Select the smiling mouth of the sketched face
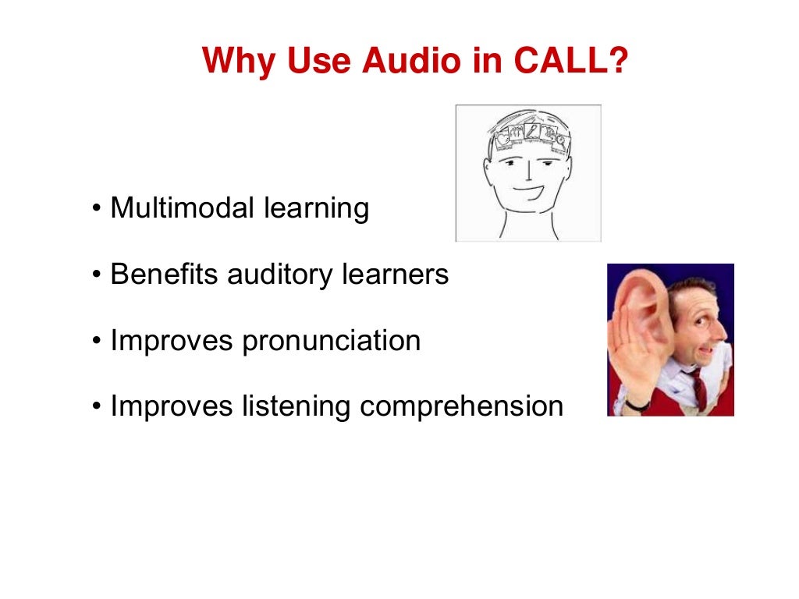click(x=528, y=190)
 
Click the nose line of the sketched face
click(x=528, y=170)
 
